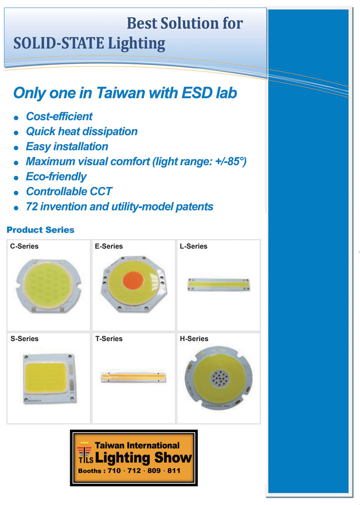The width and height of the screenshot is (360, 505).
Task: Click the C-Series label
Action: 24,246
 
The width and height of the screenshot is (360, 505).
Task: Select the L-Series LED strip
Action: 218,284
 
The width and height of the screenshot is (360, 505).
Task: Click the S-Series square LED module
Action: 49,378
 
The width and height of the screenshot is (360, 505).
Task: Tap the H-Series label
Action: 194,339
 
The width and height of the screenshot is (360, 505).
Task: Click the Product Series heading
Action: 40,230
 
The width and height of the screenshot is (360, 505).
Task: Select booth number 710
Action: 114,470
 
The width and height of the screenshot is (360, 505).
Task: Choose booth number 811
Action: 174,470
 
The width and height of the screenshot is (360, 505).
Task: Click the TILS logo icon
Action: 85,453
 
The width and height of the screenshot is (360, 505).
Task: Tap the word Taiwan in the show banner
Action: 109,446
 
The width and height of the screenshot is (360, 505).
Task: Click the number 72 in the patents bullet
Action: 32,207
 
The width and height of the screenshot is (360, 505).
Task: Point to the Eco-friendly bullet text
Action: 56,177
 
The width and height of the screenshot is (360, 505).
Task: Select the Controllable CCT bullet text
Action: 69,192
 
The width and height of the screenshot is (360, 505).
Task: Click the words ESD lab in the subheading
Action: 209,93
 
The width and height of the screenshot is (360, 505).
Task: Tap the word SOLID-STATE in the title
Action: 58,43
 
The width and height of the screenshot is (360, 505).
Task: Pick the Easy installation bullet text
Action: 67,147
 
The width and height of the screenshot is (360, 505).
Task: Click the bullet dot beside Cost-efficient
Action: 16,118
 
